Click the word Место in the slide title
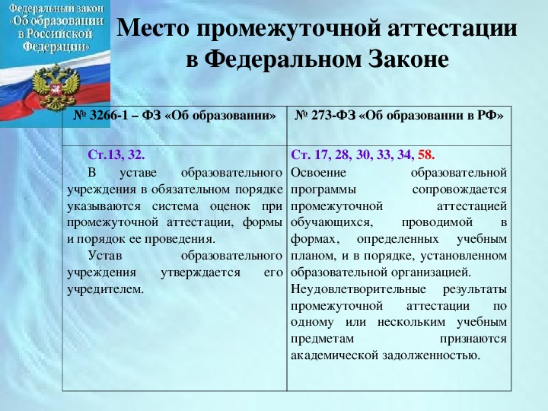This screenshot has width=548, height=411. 153,27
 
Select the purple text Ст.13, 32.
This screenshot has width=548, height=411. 116,155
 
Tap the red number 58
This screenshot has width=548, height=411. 426,155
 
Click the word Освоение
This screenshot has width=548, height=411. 318,173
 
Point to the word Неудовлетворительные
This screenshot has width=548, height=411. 358,289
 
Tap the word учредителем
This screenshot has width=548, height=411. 105,289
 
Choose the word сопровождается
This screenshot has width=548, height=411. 460,190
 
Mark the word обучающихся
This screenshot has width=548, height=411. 332,223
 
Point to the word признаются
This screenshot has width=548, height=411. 473,339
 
